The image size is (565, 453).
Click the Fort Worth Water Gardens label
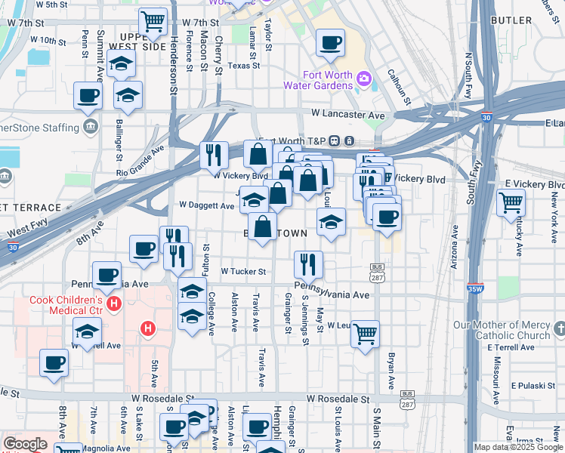(327, 79)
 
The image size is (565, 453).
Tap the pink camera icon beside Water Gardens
(364, 79)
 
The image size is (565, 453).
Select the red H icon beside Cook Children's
(114, 304)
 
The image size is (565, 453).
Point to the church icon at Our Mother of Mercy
(559, 329)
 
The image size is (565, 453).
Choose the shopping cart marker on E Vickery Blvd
(511, 202)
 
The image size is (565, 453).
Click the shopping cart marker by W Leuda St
(366, 332)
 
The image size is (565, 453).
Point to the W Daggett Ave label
(206, 205)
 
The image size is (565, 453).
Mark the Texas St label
(243, 66)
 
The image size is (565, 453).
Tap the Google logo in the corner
(25, 444)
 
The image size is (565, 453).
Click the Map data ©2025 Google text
(518, 447)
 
